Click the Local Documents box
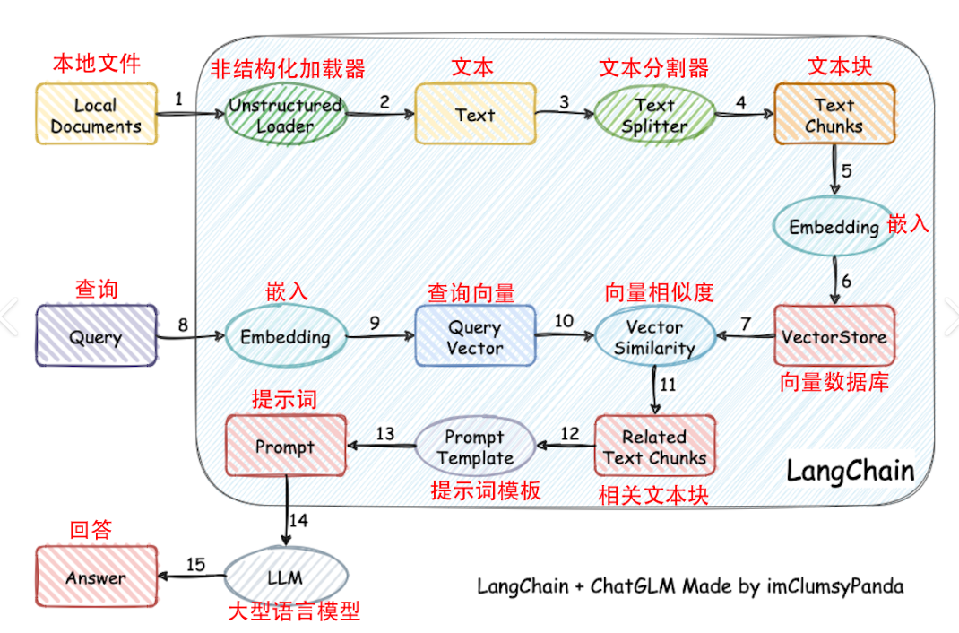pyautogui.click(x=96, y=115)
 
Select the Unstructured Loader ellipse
pyautogui.click(x=285, y=115)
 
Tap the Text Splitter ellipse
pyautogui.click(x=654, y=115)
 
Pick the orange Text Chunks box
pyautogui.click(x=834, y=115)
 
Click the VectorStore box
pyautogui.click(x=834, y=337)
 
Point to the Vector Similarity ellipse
pyautogui.click(x=654, y=337)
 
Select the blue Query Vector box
pyautogui.click(x=475, y=337)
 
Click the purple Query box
pyautogui.click(x=96, y=337)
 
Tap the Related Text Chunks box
pyautogui.click(x=654, y=447)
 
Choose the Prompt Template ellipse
pyautogui.click(x=475, y=447)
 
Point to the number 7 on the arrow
pyautogui.click(x=744, y=322)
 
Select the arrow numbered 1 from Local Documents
pyautogui.click(x=188, y=114)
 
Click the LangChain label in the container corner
pyautogui.click(x=850, y=471)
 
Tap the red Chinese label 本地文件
pyautogui.click(x=96, y=64)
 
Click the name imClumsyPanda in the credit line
pyautogui.click(x=834, y=586)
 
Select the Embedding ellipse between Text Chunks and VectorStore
pyautogui.click(x=834, y=227)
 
